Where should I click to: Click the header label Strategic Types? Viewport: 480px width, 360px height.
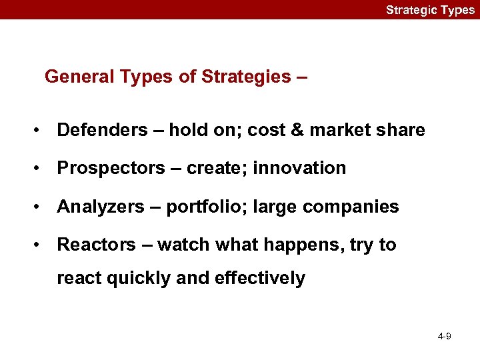tap(430, 10)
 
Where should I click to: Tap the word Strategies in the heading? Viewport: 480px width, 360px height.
tap(245, 77)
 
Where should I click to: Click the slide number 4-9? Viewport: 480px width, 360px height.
tap(444, 337)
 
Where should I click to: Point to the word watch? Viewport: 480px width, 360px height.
tap(182, 245)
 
